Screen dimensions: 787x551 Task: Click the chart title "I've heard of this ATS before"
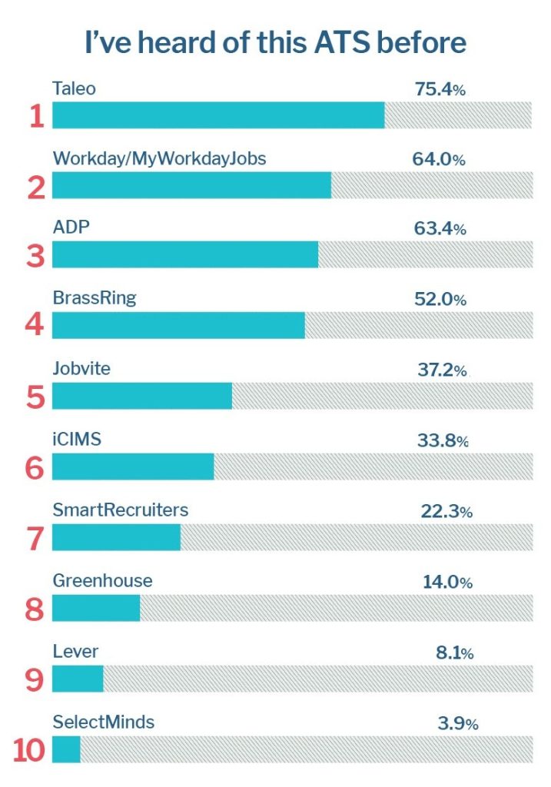tap(275, 42)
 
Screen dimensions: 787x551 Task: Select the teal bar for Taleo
tap(218, 115)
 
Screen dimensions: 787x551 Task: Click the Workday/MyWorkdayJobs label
tap(159, 159)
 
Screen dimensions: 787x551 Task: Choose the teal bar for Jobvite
tap(142, 396)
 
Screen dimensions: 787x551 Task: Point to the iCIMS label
tap(77, 440)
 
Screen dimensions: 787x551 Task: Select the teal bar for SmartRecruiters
tap(116, 537)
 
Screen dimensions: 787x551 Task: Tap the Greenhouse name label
tap(102, 581)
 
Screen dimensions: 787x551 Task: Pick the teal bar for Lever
tap(78, 679)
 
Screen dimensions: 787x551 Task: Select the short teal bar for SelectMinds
tap(66, 749)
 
